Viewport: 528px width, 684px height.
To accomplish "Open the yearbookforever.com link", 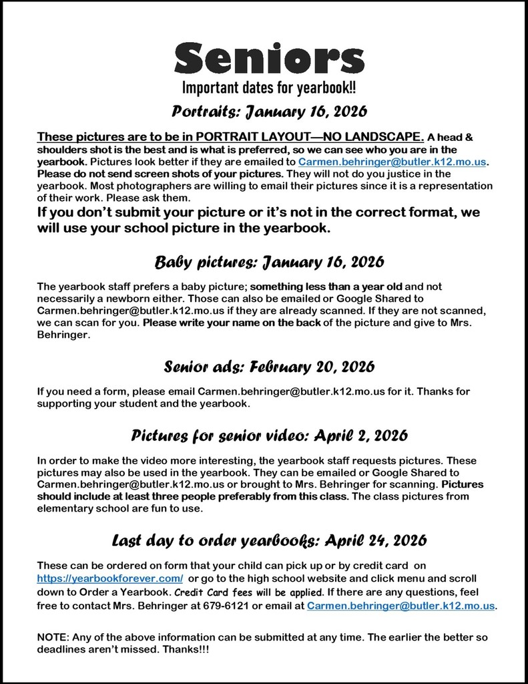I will click(x=109, y=577).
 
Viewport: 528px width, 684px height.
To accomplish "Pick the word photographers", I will click(x=130, y=186).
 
